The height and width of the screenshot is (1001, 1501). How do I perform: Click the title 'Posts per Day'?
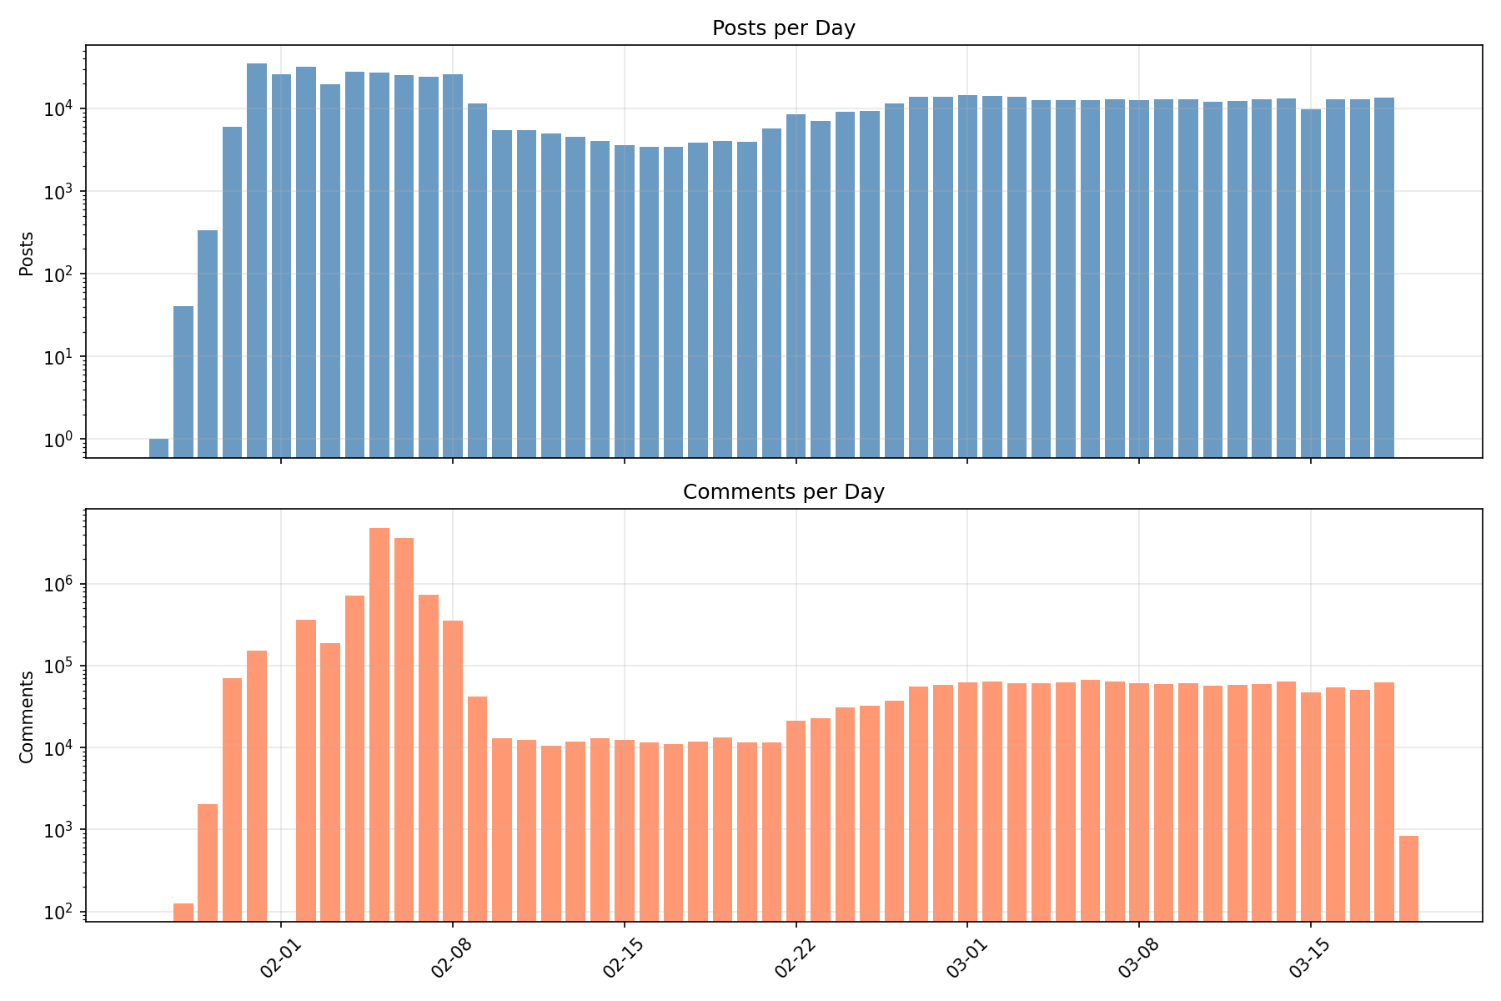[783, 28]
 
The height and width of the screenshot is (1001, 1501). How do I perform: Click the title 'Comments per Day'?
[783, 492]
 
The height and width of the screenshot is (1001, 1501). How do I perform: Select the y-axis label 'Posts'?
[27, 254]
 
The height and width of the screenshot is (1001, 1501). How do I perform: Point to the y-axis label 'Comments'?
[27, 717]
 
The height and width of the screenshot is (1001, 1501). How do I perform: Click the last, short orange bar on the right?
[1408, 878]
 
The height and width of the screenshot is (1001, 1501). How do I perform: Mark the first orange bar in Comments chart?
[183, 912]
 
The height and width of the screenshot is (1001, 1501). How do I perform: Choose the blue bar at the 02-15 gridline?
[625, 300]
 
